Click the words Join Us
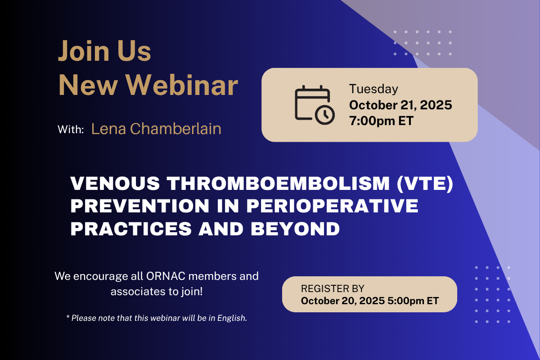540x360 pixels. click(x=104, y=51)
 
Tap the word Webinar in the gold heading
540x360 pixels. click(x=182, y=85)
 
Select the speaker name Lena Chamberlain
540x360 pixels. click(x=156, y=129)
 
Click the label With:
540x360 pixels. click(x=71, y=130)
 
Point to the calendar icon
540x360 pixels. click(x=315, y=105)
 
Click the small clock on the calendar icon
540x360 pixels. click(x=325, y=115)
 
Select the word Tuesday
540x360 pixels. click(x=373, y=90)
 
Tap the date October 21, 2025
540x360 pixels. click(x=400, y=105)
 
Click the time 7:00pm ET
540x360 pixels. click(x=382, y=121)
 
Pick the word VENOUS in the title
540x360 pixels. click(x=115, y=183)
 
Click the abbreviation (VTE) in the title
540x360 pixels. click(x=425, y=184)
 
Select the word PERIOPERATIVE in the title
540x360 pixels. click(x=332, y=206)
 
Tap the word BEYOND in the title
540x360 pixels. click(x=295, y=229)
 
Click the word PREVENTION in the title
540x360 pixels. click(x=139, y=206)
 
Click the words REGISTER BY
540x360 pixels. click(x=333, y=288)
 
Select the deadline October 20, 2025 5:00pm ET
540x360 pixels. click(x=370, y=301)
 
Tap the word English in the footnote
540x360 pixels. click(x=232, y=318)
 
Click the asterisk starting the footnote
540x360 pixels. click(x=68, y=317)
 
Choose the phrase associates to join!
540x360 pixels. click(x=157, y=292)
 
